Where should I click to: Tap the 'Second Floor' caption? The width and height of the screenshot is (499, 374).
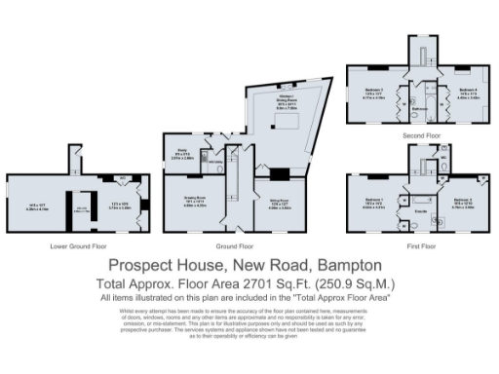tap(420, 135)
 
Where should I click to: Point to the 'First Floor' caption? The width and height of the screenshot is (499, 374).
tap(420, 246)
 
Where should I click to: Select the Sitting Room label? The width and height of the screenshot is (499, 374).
tap(280, 204)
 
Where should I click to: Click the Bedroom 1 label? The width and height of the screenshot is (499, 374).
tap(374, 202)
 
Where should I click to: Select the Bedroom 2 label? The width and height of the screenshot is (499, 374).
tap(464, 202)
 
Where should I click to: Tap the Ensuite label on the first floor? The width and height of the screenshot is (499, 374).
tap(421, 208)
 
